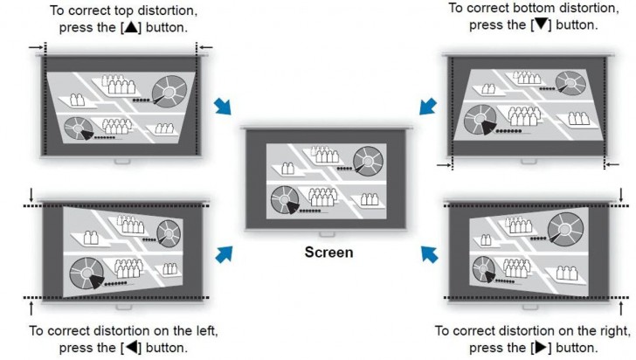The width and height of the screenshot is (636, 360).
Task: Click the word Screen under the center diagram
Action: tap(329, 253)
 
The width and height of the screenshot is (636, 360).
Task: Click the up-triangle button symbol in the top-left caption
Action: tap(132, 26)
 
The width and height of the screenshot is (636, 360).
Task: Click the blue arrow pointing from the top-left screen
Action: tap(225, 106)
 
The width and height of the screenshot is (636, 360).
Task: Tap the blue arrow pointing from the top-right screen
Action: tap(429, 106)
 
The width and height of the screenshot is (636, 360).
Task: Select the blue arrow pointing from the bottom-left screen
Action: tap(225, 253)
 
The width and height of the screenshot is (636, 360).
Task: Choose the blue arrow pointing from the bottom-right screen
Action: tap(429, 253)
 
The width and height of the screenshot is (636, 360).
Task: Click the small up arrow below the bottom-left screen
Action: tap(32, 307)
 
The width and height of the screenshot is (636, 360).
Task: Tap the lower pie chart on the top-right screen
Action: tap(479, 119)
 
